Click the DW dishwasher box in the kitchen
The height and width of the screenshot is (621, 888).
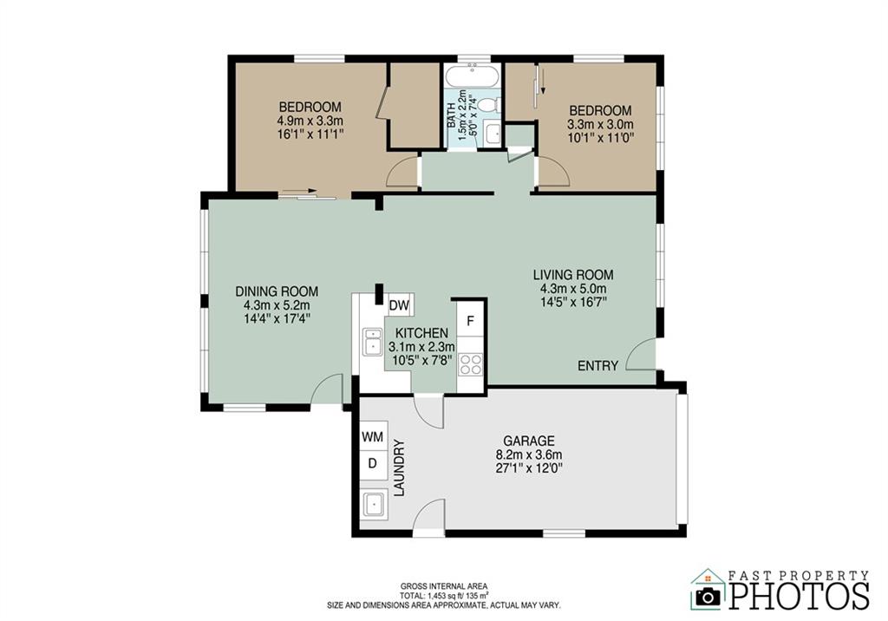[399, 305]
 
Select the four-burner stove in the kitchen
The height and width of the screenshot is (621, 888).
[470, 364]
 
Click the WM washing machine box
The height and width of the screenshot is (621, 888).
[373, 437]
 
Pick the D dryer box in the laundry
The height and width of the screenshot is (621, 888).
[373, 463]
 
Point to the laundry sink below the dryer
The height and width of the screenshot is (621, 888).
[373, 504]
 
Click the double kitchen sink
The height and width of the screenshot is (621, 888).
[373, 342]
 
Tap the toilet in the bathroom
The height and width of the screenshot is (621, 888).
[487, 105]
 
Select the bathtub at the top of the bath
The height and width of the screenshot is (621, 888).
[473, 76]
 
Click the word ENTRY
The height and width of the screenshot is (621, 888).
[597, 366]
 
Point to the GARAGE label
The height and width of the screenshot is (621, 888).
[529, 441]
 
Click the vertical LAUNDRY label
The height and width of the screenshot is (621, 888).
[399, 468]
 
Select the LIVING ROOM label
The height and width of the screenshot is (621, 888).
[573, 275]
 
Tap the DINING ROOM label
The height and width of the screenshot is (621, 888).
[277, 291]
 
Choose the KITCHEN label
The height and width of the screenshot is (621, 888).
[421, 333]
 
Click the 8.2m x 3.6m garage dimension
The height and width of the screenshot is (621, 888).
[529, 454]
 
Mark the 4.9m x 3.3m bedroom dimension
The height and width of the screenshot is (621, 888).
[310, 121]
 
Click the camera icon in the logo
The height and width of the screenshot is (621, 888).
[708, 596]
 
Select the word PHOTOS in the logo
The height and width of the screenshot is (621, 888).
[799, 595]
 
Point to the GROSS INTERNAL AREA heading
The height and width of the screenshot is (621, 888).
[444, 586]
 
